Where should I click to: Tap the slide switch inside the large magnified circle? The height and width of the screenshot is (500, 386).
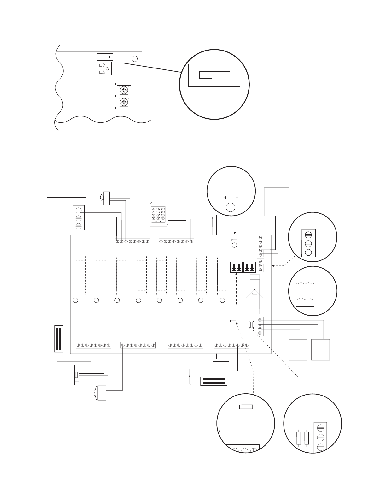(x=215, y=75)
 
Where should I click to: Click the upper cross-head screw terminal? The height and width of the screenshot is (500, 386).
(x=125, y=90)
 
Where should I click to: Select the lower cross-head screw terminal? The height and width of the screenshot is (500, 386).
(x=125, y=102)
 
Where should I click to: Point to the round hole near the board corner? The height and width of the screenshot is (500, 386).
(x=135, y=59)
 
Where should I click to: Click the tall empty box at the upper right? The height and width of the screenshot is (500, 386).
(x=277, y=202)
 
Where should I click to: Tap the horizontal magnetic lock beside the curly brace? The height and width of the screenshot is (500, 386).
(x=214, y=381)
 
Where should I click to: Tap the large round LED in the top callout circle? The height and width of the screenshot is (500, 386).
(x=231, y=207)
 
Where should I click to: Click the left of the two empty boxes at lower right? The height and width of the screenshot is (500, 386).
(x=298, y=350)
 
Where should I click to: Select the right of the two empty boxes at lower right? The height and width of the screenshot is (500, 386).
(x=320, y=350)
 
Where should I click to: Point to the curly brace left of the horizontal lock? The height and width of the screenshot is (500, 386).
(x=190, y=376)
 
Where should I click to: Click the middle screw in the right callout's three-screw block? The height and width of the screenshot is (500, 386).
(x=308, y=243)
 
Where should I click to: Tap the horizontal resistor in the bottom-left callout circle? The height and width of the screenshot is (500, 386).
(x=246, y=407)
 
